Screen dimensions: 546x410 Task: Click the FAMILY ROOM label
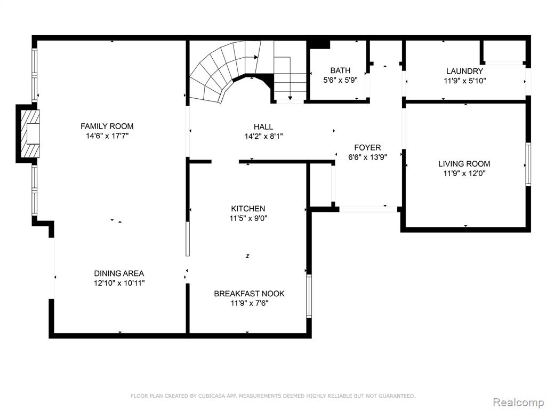[107, 126]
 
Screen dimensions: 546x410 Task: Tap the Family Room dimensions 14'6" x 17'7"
[107, 136]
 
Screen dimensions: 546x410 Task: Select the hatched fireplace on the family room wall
[30, 134]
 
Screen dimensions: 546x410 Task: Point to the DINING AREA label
[119, 273]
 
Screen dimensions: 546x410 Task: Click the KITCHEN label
[248, 209]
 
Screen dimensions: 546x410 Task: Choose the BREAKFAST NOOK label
[249, 294]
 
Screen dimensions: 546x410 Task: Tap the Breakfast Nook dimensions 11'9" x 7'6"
[250, 303]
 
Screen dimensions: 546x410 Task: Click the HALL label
[263, 127]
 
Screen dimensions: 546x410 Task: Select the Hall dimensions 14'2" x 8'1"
[263, 136]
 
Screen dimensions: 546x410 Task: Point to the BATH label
[340, 70]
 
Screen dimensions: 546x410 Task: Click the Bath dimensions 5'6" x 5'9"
[340, 80]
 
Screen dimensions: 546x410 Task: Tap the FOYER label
[367, 147]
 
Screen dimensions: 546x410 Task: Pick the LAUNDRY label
[464, 71]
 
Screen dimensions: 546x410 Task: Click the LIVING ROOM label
[464, 163]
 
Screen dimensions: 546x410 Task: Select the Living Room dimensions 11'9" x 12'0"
[464, 174]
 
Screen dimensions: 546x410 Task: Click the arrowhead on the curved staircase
[256, 57]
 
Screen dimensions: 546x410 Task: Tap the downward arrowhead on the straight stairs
[290, 98]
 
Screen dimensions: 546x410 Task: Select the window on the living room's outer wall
[528, 164]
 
